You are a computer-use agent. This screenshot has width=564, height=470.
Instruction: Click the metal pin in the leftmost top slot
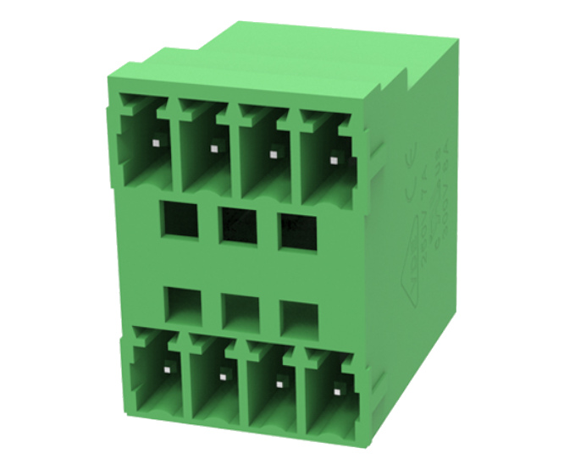point(155,145)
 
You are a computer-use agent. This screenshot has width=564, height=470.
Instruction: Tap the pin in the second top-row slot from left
point(213,149)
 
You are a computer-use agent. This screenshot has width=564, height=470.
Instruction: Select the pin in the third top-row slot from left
point(274,154)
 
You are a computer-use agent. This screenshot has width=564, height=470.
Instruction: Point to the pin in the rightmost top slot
point(335,158)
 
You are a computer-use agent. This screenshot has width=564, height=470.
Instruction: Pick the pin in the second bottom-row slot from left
point(223,375)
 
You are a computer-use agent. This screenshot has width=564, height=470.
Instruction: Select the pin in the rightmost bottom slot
point(339,389)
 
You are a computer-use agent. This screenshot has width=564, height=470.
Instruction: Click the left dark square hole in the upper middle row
point(180,219)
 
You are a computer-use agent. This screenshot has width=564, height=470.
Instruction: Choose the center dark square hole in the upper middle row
point(238,224)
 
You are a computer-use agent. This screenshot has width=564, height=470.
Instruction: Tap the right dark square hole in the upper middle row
point(297,231)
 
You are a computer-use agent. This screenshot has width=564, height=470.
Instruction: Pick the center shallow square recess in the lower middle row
point(240,311)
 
